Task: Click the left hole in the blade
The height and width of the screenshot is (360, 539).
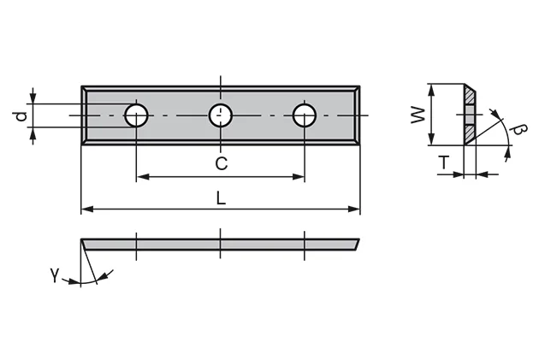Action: click(136, 115)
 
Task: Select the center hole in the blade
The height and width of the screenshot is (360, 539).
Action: click(221, 115)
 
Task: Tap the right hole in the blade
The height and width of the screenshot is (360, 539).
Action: click(304, 115)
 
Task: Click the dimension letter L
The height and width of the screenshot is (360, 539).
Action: click(221, 198)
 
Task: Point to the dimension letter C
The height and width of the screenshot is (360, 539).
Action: click(221, 162)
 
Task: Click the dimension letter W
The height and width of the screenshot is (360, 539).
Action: click(418, 115)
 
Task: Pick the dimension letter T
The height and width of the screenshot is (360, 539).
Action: click(445, 162)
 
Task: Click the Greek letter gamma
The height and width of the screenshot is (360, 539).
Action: click(55, 274)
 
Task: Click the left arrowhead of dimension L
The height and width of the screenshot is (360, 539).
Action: click(86, 209)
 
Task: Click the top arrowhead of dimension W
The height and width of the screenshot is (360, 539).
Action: click(433, 89)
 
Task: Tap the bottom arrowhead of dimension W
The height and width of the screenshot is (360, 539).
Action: click(433, 141)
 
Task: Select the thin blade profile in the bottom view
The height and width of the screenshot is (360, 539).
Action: click(221, 244)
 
